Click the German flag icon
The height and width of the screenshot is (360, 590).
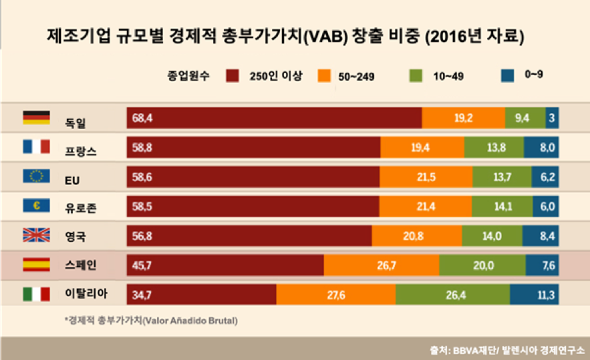click(36, 118)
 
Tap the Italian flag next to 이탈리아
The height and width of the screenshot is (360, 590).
click(36, 294)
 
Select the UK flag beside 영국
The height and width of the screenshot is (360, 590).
click(36, 235)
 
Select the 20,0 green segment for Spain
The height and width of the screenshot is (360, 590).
click(482, 265)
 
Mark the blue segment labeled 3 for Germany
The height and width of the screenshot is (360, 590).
click(553, 118)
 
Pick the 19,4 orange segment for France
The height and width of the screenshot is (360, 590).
click(422, 148)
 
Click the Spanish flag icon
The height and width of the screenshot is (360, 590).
click(36, 264)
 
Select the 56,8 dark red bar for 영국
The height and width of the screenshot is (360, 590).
click(249, 236)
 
